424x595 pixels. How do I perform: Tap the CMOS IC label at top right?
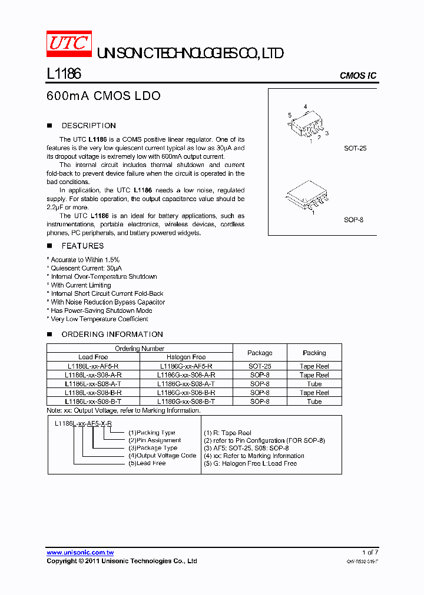(x=357, y=76)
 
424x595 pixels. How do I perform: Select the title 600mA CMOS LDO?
(x=103, y=96)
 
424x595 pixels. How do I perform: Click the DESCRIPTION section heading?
(x=88, y=126)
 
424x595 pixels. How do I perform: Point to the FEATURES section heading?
(x=82, y=246)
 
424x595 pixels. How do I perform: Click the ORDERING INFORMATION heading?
(x=112, y=335)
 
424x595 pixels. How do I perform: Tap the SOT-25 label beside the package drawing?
(x=355, y=149)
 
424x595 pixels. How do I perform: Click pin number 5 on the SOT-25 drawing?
(x=290, y=115)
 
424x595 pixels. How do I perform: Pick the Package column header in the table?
(x=260, y=353)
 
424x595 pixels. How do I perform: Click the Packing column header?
(x=314, y=353)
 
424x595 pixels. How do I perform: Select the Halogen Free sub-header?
(x=186, y=357)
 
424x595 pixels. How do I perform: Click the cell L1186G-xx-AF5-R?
(x=186, y=366)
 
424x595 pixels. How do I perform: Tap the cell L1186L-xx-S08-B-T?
(x=94, y=402)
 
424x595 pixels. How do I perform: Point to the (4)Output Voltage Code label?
(x=163, y=456)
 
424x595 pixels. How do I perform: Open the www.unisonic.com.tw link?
(x=80, y=553)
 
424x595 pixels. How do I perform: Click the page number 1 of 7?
(x=369, y=553)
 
